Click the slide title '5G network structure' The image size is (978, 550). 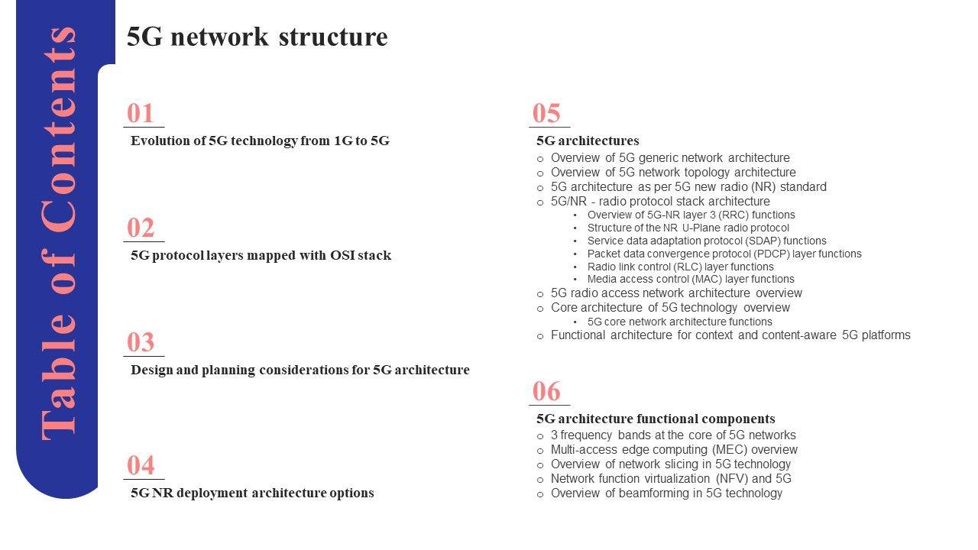point(257,37)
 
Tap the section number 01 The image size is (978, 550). point(141,114)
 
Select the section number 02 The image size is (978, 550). point(141,228)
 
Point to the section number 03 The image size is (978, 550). point(141,343)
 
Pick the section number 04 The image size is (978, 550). point(141,466)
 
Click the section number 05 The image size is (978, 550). point(547,114)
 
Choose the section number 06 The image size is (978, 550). point(547,392)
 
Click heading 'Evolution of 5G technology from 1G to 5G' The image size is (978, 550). point(260,141)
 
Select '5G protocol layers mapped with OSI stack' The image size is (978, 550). point(261,255)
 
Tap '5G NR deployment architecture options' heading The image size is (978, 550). point(252,493)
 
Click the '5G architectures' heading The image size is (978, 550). point(588,141)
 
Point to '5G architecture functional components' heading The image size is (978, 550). point(656,419)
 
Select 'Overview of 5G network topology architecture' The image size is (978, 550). point(673,173)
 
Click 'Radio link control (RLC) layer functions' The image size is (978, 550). point(680,267)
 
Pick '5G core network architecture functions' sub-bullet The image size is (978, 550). point(679,322)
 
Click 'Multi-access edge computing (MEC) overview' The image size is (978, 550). point(674,450)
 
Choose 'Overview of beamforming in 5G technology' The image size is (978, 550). point(666,493)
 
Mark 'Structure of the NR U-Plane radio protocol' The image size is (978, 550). point(688,228)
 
